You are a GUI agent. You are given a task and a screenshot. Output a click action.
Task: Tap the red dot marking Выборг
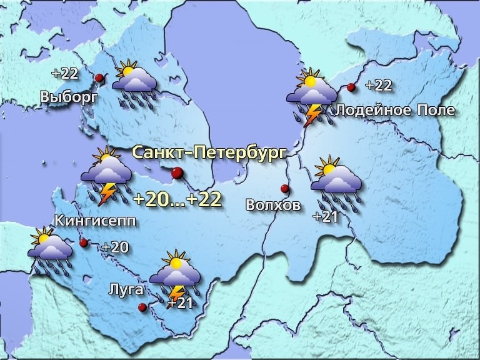[99, 78]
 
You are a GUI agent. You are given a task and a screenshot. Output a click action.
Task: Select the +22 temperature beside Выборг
[65, 73]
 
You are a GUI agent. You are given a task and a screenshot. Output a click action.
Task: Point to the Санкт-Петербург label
[209, 152]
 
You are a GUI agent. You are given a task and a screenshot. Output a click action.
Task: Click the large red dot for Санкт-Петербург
[177, 173]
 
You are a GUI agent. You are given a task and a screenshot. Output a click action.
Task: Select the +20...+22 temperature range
[177, 199]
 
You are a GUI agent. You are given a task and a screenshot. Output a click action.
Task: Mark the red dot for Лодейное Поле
[351, 87]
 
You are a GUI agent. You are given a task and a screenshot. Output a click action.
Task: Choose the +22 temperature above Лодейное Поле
[378, 85]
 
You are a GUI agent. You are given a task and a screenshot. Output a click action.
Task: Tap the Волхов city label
[273, 204]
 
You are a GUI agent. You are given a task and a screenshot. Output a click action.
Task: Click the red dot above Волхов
[284, 188]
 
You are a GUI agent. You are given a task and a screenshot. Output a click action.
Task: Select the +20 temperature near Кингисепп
[115, 247]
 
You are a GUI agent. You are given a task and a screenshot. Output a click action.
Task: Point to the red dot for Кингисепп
[83, 242]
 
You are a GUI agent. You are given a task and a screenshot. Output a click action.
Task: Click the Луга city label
[126, 289]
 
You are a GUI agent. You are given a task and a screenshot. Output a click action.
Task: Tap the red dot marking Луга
[142, 307]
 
